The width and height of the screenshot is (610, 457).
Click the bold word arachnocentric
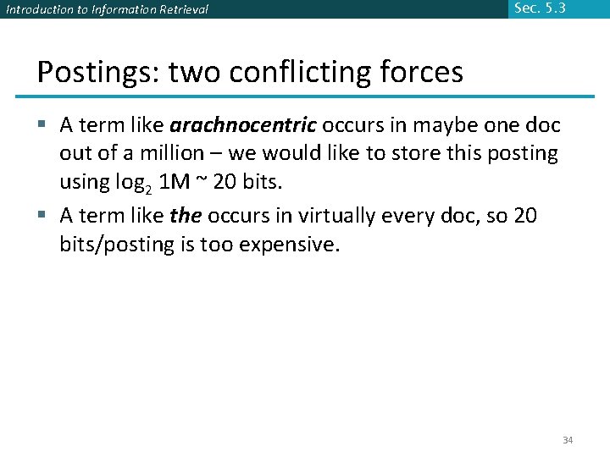click(x=243, y=126)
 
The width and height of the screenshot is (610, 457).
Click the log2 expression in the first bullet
click(x=135, y=182)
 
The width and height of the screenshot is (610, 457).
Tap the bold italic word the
click(x=186, y=216)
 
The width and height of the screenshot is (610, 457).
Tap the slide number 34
click(x=568, y=441)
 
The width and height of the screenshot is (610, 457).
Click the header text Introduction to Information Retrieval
click(x=107, y=10)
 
